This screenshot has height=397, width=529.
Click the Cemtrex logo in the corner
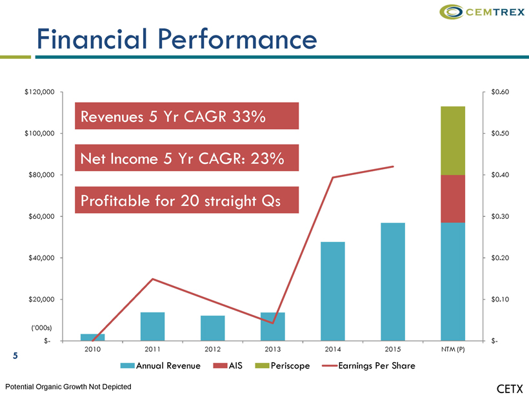pyautogui.click(x=482, y=12)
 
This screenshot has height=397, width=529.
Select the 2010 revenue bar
pyautogui.click(x=92, y=337)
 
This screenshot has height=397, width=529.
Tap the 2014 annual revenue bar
pyautogui.click(x=333, y=291)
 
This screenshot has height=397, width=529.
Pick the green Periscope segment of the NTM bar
pyautogui.click(x=453, y=141)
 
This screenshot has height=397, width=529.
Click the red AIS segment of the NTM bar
pyautogui.click(x=453, y=199)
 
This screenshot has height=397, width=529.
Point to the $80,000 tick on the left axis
pyautogui.click(x=41, y=175)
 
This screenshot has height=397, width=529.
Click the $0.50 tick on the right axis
pyautogui.click(x=500, y=134)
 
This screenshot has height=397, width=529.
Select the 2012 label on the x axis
pyautogui.click(x=212, y=349)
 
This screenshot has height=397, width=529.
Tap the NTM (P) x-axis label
pyautogui.click(x=453, y=349)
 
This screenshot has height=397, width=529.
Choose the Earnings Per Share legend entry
pyautogui.click(x=368, y=365)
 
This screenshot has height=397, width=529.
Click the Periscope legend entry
pyautogui.click(x=283, y=365)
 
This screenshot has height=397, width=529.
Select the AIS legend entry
pyautogui.click(x=228, y=365)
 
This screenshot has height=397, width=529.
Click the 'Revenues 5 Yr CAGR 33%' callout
pyautogui.click(x=186, y=116)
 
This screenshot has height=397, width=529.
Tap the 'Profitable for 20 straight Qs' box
pyautogui.click(x=186, y=200)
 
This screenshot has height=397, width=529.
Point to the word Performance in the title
pyautogui.click(x=237, y=39)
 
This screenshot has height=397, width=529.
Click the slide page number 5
pyautogui.click(x=15, y=356)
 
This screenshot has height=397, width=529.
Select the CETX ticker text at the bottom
pyautogui.click(x=510, y=389)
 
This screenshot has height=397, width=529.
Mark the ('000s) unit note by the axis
pyautogui.click(x=41, y=328)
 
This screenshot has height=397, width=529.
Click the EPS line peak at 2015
pyautogui.click(x=393, y=167)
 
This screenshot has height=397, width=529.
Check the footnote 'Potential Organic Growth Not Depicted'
pyautogui.click(x=68, y=387)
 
